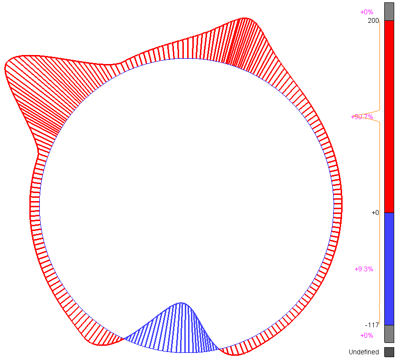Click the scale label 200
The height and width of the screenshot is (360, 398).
pos(373,21)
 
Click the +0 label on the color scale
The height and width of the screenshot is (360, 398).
pos(375,212)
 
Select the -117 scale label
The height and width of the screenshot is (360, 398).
pos(372,325)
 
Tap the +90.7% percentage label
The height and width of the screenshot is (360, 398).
pos(362,117)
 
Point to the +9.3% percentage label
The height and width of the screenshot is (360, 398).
pos(364,269)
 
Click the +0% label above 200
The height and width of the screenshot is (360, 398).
pos(367,12)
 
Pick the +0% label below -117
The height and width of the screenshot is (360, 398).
pos(367,335)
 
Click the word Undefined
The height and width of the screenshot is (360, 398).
pos(363,352)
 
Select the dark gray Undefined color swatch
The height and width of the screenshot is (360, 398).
pos(389,352)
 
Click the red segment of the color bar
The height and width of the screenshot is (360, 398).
pos(389,116)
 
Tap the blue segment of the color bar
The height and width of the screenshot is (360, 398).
pos(389,268)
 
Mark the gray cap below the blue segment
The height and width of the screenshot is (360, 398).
pos(389,333)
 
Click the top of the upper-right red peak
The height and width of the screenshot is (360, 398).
pos(244,18)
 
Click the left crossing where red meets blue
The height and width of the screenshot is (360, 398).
pos(124,338)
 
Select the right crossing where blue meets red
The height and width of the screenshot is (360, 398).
pos(219,349)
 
